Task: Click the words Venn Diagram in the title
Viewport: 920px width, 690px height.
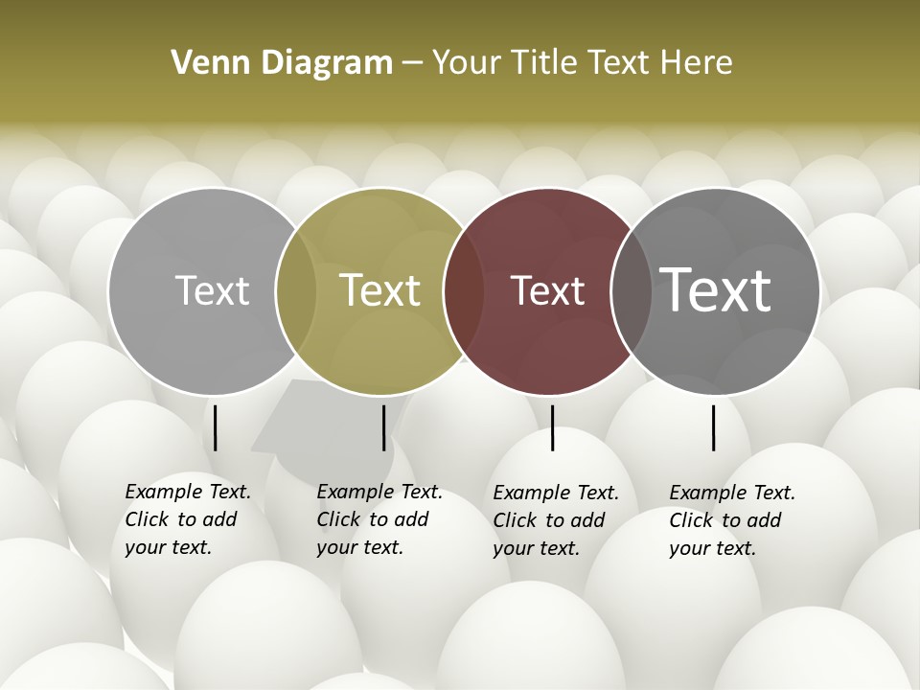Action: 282,63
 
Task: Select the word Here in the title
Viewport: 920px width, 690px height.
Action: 696,63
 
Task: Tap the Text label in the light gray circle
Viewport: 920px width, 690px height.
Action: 212,290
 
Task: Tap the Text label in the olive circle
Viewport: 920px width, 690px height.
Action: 380,290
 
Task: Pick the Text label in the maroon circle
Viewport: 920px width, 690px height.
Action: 548,290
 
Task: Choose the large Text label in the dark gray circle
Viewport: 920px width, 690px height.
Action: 716,289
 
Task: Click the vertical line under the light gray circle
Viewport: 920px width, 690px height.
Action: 215,427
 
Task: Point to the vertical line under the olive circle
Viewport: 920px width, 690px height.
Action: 383,427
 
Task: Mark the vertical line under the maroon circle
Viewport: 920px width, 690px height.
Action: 552,427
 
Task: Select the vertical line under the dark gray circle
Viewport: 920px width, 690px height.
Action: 714,427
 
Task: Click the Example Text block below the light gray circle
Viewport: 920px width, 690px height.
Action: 188,519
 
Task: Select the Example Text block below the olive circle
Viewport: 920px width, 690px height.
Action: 379,519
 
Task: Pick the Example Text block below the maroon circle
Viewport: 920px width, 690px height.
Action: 556,520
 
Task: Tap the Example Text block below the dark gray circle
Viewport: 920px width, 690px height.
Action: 732,520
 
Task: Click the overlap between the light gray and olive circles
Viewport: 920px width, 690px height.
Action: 296,290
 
